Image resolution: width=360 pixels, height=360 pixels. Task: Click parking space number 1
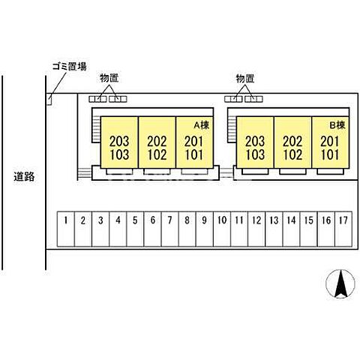(x=66, y=229)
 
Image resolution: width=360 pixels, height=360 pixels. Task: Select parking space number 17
(x=343, y=229)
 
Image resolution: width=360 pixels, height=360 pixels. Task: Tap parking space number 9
(x=205, y=229)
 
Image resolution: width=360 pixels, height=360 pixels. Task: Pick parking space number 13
(x=274, y=229)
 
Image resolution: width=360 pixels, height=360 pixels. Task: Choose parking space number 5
(x=135, y=229)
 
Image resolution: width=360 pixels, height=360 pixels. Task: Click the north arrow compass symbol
(x=340, y=283)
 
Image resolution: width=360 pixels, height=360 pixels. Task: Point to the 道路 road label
(x=24, y=177)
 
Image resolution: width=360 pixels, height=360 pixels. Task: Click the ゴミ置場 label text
(x=70, y=67)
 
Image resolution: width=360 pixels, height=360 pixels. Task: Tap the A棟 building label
(x=202, y=125)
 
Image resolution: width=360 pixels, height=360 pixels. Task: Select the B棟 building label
(x=337, y=125)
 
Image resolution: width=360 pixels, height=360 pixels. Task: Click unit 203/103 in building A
(x=119, y=142)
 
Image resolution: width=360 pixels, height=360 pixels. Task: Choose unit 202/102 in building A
(x=157, y=142)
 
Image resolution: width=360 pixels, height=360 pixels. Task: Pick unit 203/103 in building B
(x=255, y=142)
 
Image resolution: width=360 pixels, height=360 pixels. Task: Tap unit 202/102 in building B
(x=292, y=142)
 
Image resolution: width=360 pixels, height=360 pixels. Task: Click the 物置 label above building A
(x=109, y=78)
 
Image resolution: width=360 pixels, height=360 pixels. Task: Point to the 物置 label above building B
(x=245, y=79)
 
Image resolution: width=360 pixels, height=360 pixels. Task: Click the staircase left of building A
(x=96, y=130)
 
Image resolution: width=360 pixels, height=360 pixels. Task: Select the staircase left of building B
(x=232, y=130)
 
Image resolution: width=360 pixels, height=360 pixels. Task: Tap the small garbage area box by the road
(x=49, y=100)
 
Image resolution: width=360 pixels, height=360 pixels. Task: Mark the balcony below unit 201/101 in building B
(x=330, y=172)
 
